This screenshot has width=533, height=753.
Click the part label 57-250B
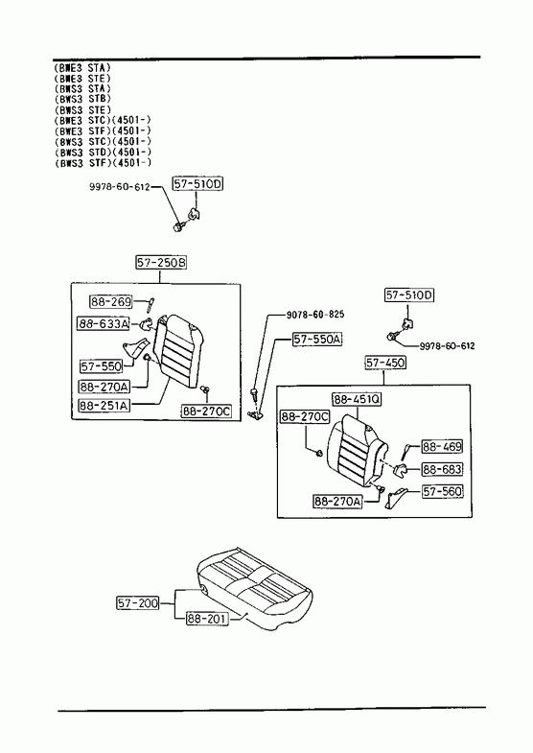tap(161, 263)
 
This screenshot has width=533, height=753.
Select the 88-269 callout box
tap(111, 301)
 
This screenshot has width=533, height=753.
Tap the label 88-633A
tap(104, 324)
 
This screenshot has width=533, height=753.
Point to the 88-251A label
tap(104, 406)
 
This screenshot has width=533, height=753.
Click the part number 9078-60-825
tap(315, 315)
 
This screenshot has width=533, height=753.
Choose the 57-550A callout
tap(317, 340)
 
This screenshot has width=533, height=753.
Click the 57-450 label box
tap(384, 363)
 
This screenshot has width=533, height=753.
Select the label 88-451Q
tap(357, 399)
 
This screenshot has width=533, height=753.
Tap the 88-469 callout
tap(442, 447)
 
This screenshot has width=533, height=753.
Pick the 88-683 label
tap(442, 469)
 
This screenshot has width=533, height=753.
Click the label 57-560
tap(442, 491)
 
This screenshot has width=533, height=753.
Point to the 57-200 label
tap(138, 602)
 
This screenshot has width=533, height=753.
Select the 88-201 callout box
tap(207, 619)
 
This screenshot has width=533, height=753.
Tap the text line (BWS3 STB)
tap(82, 99)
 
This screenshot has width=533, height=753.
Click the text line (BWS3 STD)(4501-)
tap(103, 153)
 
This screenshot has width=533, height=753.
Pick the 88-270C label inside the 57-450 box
tap(305, 417)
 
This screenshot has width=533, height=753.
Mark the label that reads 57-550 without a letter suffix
tap(102, 366)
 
